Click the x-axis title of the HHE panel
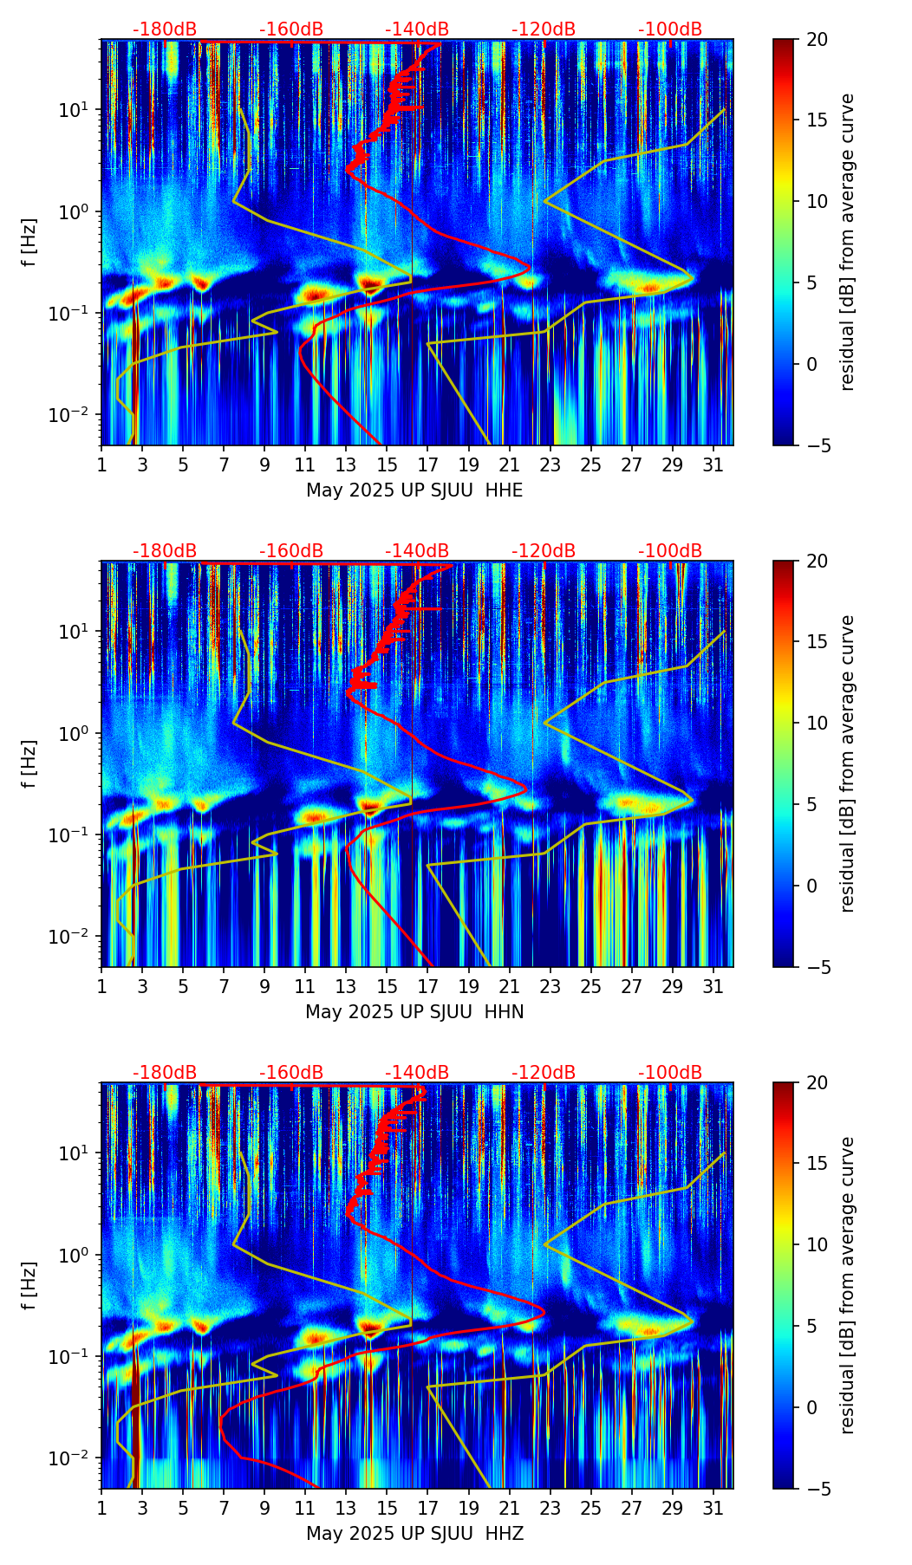click(x=414, y=490)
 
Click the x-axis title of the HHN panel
click(x=414, y=1012)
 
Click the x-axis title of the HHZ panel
click(x=414, y=1534)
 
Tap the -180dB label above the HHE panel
click(x=165, y=29)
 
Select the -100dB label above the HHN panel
click(x=670, y=551)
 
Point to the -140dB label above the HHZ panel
click(x=417, y=1073)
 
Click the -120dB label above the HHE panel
click(x=544, y=29)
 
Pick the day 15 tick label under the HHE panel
click(x=387, y=465)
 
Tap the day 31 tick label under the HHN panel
click(x=713, y=987)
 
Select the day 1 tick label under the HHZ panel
click(x=101, y=1509)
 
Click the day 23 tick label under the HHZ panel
click(x=550, y=1509)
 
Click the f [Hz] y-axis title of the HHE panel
click(x=30, y=242)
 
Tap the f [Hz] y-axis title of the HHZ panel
click(x=30, y=1285)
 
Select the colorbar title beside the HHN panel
click(x=847, y=763)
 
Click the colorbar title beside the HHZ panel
click(x=847, y=1285)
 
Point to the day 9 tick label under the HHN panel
click(x=264, y=987)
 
